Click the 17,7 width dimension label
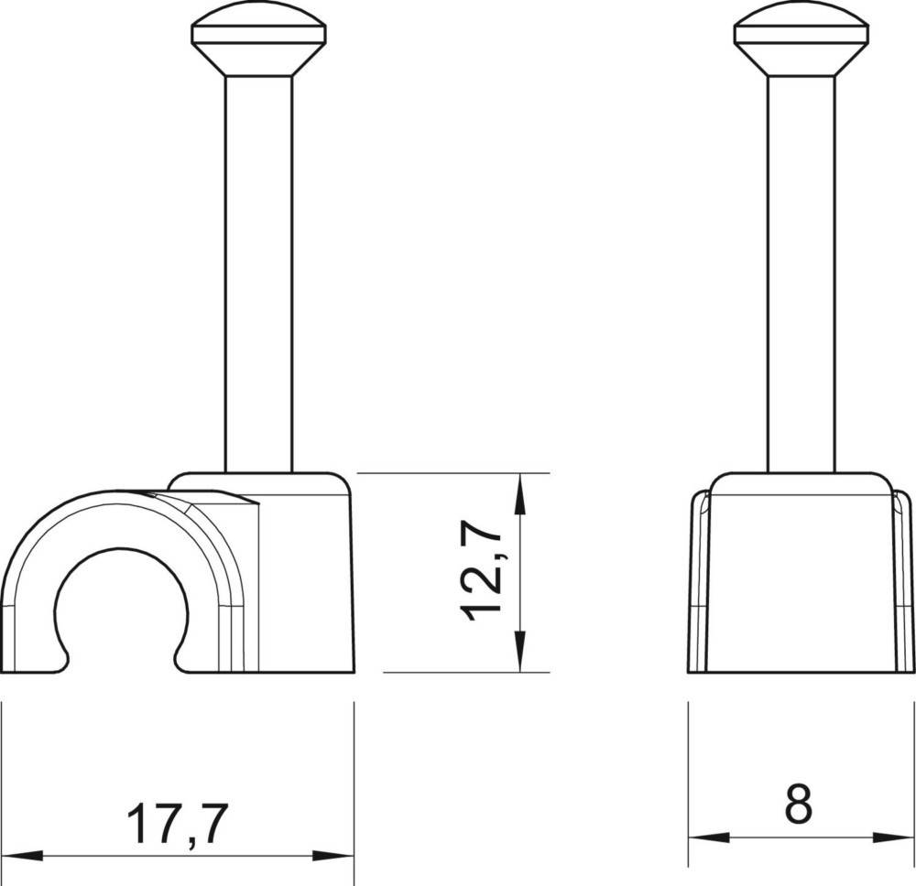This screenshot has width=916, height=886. click(177, 824)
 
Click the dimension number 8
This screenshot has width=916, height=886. click(799, 804)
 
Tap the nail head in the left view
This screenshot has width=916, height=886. click(259, 41)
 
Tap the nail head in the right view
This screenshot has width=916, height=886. click(801, 41)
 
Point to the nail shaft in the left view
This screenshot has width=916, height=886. click(259, 274)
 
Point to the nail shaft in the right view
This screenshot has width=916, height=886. click(801, 274)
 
